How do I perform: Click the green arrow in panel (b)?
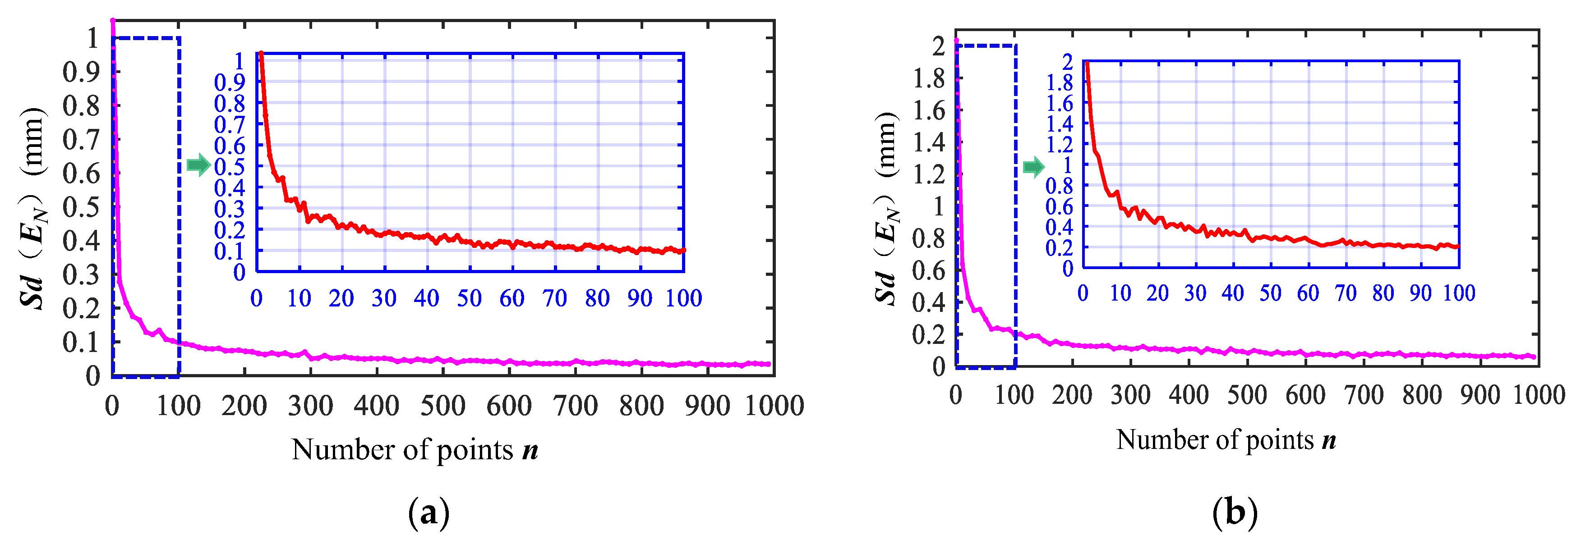(1033, 167)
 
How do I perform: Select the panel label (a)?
(429, 513)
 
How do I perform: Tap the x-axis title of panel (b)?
(1226, 440)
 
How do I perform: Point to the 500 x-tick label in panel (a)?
(443, 406)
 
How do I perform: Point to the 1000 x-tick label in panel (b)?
(1539, 395)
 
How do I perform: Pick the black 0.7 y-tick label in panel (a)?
(81, 140)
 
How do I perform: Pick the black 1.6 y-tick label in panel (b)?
(929, 110)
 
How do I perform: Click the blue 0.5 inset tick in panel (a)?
(230, 166)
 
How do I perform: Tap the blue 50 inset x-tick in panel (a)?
(470, 299)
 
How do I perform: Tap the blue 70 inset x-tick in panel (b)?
(1346, 293)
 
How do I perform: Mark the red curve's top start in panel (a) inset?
(261, 54)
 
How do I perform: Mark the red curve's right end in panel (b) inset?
(1458, 247)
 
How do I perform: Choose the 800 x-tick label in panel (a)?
(641, 406)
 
